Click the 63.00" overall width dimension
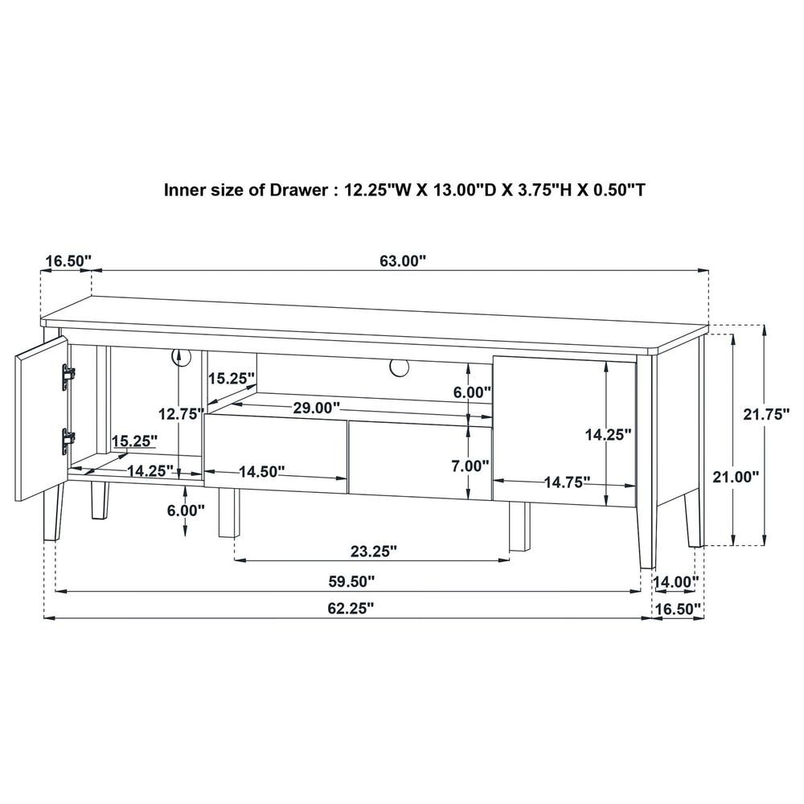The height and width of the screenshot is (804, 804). [403, 261]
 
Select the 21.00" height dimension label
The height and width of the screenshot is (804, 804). [736, 477]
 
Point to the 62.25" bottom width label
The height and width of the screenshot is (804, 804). [351, 609]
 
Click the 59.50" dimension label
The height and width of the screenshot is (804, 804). [351, 581]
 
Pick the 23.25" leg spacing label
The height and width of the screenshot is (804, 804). [374, 552]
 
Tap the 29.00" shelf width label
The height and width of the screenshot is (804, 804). [316, 408]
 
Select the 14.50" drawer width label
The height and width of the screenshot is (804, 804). [262, 472]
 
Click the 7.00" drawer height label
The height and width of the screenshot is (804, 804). [470, 466]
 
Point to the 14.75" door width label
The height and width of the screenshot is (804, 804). [567, 482]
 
